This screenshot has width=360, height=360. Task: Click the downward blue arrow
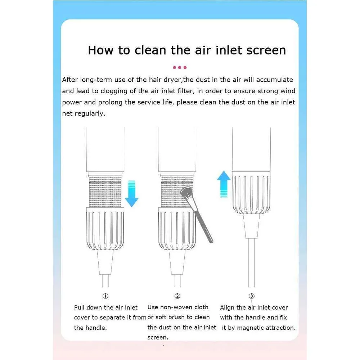[x=131, y=194]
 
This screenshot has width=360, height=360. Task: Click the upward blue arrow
[x=224, y=184]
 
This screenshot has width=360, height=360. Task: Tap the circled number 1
[x=105, y=296]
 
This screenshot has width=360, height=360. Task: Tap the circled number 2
[x=177, y=296]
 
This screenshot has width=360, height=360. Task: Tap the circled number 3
[x=252, y=296]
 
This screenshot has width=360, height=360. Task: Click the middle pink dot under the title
[x=180, y=68]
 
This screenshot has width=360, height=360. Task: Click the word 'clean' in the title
[x=150, y=50]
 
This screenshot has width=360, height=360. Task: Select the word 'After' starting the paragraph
[x=70, y=80]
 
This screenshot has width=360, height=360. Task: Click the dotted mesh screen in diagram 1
[x=105, y=192]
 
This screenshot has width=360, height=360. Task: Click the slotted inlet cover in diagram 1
[x=105, y=229]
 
